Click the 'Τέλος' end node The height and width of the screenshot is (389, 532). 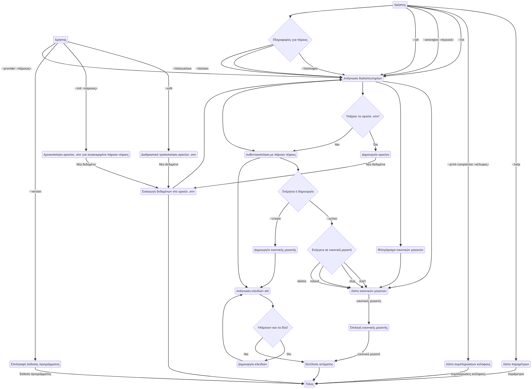click(x=309, y=384)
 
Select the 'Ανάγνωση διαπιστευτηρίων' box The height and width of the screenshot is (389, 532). click(x=362, y=78)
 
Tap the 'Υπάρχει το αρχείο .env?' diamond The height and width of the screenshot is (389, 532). click(x=363, y=116)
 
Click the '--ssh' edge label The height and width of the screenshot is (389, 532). click(x=415, y=40)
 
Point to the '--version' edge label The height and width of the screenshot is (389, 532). click(x=35, y=191)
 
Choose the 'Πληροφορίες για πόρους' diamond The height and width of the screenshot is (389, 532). click(x=290, y=40)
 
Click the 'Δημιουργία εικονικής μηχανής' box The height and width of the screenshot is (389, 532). click(x=275, y=250)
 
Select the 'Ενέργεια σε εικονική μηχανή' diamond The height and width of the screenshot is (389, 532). click(x=332, y=250)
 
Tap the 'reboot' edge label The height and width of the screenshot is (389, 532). click(x=315, y=281)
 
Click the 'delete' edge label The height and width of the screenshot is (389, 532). click(x=302, y=281)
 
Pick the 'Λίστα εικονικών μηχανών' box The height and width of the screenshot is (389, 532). click(x=369, y=291)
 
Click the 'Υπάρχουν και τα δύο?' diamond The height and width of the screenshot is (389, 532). click(x=273, y=328)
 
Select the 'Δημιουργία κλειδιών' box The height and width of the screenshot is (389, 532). click(x=252, y=364)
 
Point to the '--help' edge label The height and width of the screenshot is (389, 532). click(x=516, y=164)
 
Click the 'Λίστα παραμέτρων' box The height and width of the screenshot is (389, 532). click(x=516, y=364)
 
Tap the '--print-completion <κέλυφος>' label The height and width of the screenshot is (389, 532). click(x=468, y=164)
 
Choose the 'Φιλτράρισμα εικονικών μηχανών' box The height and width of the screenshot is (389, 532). click(x=400, y=250)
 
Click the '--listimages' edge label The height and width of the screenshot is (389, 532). click(x=309, y=68)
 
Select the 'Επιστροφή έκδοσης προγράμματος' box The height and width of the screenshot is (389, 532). click(x=35, y=364)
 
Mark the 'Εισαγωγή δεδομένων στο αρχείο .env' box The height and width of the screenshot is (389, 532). click(x=168, y=191)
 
